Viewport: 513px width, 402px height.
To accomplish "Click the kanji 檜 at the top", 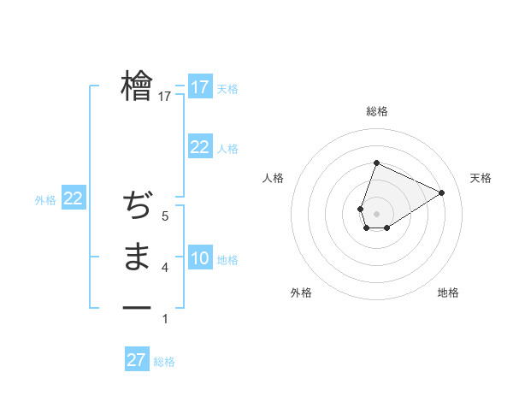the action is coord(137,86).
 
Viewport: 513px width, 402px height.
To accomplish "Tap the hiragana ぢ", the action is coord(137,206).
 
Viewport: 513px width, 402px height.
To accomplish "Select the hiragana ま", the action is coord(137,257).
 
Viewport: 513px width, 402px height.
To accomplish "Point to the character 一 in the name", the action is coord(137,308).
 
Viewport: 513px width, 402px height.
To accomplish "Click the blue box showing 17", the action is coord(199,87).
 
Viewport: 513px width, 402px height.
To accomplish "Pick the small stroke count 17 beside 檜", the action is coord(165,98).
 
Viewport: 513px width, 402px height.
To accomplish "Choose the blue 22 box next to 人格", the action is coord(199,147).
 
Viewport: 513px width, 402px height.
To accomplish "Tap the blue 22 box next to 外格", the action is coord(73,199).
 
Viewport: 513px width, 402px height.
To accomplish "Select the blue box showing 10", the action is coord(199,258).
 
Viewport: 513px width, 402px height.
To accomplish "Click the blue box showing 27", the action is coord(136,360).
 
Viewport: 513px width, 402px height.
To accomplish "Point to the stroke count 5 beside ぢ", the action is coord(165,217).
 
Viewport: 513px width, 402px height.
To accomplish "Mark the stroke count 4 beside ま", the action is coord(165,269).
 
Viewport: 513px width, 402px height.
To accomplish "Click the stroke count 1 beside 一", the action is coord(165,319).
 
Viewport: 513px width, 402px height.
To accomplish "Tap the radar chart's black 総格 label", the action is coord(376,111).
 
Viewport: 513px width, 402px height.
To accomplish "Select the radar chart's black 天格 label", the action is coord(481,178).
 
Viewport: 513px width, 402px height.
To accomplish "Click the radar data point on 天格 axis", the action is coord(441,192).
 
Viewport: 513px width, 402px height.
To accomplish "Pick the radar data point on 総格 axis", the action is coord(376,163).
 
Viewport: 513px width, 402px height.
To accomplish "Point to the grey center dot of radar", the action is coord(376,214).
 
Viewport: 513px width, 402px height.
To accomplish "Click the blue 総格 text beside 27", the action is coord(164,362).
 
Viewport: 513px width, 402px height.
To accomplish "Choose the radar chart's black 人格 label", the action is coord(273,178).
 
